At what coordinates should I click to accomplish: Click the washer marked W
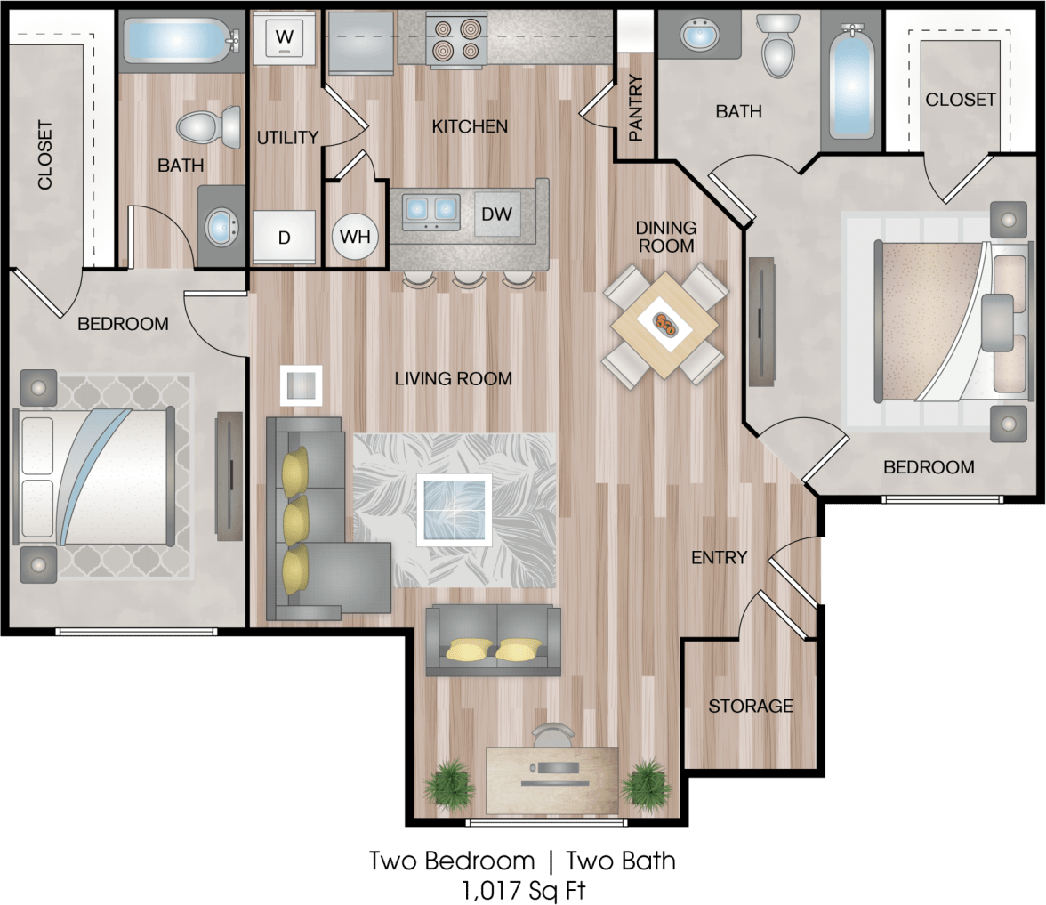pos(284,37)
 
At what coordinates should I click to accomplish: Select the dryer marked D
pos(284,238)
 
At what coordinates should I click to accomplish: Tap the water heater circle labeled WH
pos(355,238)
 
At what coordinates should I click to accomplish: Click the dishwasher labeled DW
pos(496,214)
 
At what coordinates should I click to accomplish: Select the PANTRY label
pos(636,109)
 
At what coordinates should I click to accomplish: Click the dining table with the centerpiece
pos(664,324)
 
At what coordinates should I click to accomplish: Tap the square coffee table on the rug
pos(455,510)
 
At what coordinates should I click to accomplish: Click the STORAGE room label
pos(751,706)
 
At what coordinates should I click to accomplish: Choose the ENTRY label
pos(720,558)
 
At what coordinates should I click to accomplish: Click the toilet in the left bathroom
pos(211,127)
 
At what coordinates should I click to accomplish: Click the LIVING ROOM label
pos(454,379)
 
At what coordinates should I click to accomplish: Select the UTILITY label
pos(287,137)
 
